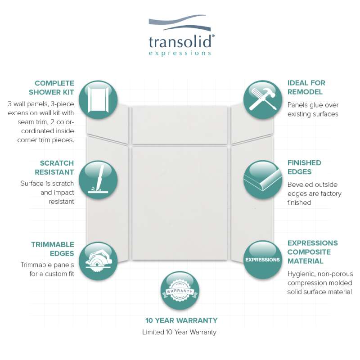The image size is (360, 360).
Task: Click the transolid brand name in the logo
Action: (x=180, y=42)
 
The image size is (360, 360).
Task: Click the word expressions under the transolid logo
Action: (x=180, y=54)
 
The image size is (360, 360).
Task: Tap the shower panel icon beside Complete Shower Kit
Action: (x=98, y=100)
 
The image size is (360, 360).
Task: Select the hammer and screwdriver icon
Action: (x=263, y=99)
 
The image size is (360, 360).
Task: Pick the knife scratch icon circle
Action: (x=98, y=180)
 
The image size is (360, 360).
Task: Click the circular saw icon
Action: (x=98, y=261)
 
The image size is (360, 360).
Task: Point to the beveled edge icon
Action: (x=263, y=180)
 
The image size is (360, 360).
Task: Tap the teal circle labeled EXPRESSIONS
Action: (x=263, y=260)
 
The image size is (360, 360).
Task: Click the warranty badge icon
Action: (x=180, y=291)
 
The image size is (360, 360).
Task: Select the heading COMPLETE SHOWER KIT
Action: (x=51, y=87)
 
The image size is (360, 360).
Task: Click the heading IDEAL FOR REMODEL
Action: (x=306, y=87)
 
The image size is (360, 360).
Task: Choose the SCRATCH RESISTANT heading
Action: (x=54, y=167)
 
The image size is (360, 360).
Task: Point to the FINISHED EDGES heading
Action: (x=304, y=167)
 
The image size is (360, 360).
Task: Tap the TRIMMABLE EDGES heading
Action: (x=53, y=249)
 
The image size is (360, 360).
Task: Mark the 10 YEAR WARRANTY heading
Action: (x=181, y=320)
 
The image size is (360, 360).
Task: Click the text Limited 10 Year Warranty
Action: (x=179, y=332)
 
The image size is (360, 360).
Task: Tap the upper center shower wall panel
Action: (x=180, y=125)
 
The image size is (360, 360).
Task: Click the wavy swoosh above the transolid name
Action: (x=180, y=23)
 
